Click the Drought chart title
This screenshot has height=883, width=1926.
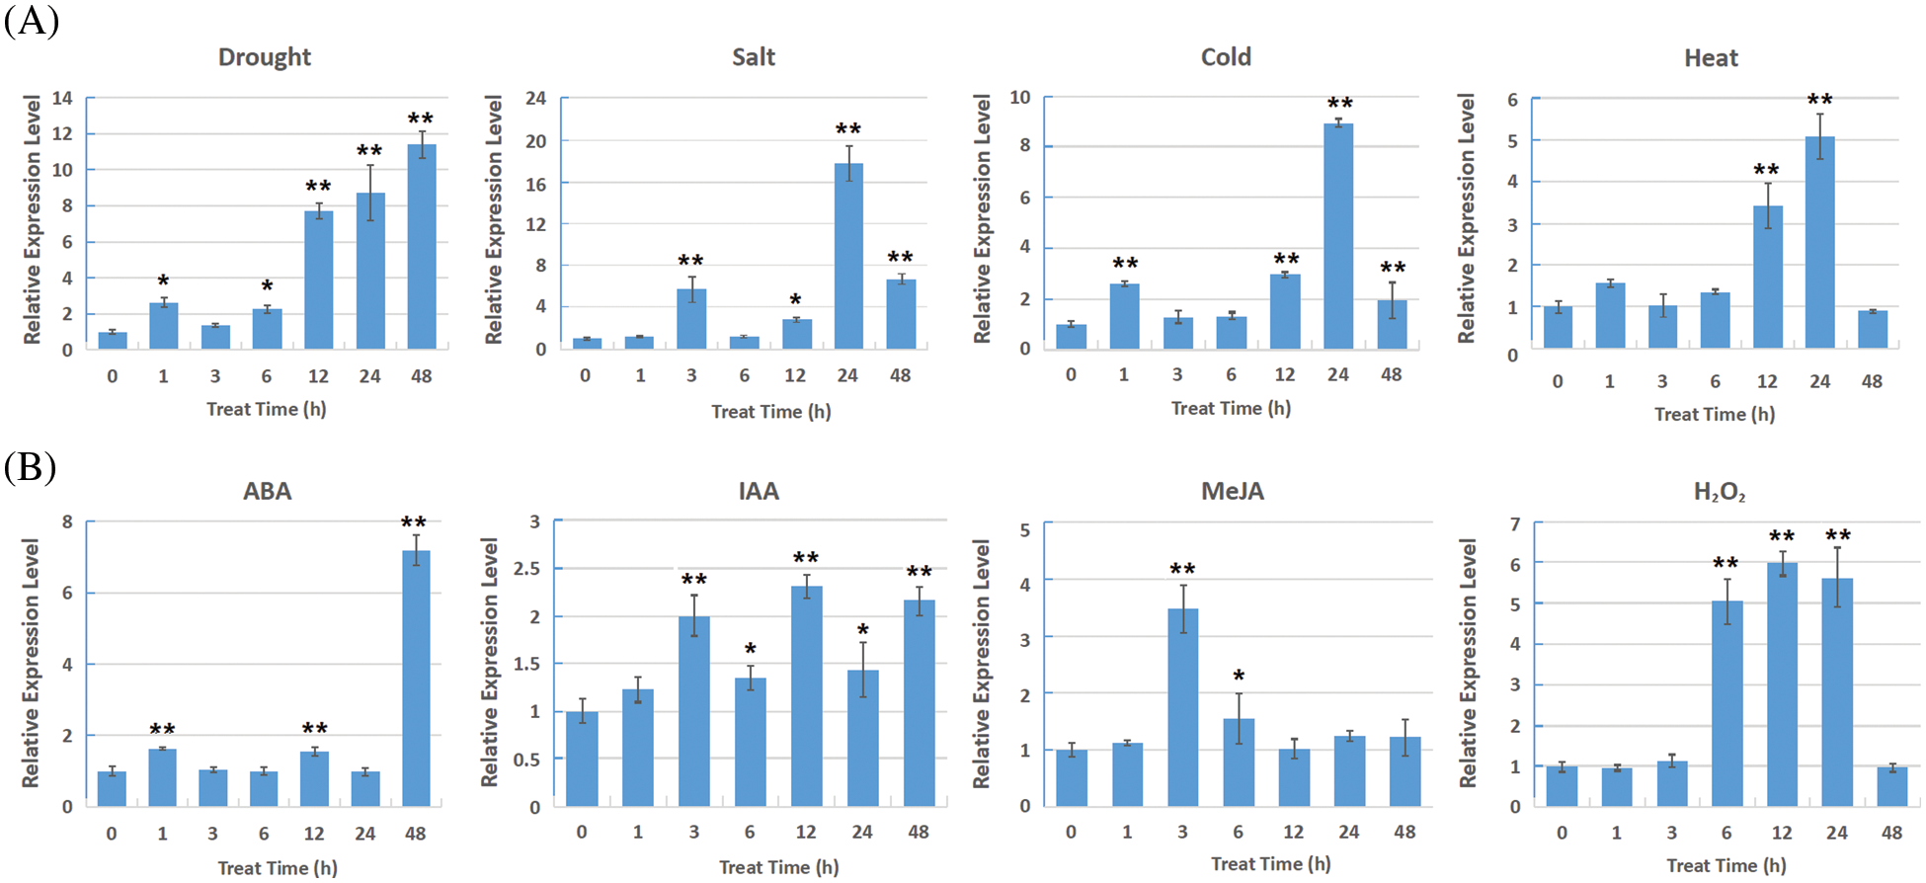[x=265, y=57]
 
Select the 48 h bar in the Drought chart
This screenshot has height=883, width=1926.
[x=422, y=247]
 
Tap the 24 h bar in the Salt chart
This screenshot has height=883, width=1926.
[x=848, y=256]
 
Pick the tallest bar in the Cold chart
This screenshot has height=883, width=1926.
[x=1338, y=236]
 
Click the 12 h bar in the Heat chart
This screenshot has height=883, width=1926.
[x=1768, y=277]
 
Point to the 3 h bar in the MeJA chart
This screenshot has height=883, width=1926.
[x=1182, y=707]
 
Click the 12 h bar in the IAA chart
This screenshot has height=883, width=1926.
[x=806, y=696]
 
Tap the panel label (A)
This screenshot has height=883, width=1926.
[x=31, y=20]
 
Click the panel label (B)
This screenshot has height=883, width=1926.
[x=30, y=466]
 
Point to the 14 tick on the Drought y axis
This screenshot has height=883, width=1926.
[x=62, y=98]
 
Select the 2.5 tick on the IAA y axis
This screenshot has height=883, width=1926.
[x=527, y=568]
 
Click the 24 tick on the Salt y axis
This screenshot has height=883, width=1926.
[x=535, y=98]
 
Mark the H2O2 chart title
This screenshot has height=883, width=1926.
[x=1719, y=492]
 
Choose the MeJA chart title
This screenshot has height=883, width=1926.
[x=1232, y=491]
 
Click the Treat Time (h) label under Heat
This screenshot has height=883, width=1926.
[x=1715, y=414]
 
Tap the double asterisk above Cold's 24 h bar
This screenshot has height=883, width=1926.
[x=1339, y=103]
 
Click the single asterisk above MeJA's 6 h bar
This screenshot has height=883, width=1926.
[x=1239, y=676]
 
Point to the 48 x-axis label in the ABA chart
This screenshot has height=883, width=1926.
[x=415, y=834]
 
